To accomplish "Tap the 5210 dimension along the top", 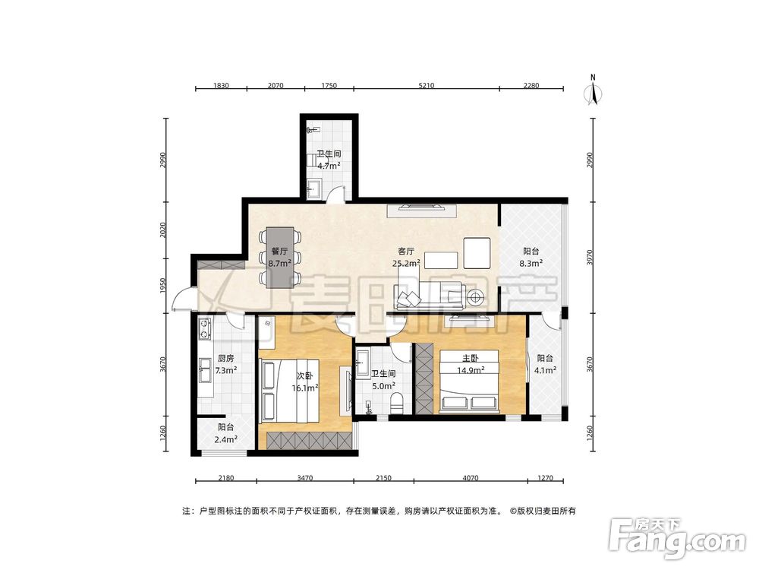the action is point(426,86).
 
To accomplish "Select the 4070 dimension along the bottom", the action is point(470,478).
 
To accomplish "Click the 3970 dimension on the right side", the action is point(589,257).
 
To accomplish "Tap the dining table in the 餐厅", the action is point(280,258).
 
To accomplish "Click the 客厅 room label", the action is point(405,251).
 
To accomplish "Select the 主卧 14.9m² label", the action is point(471,364).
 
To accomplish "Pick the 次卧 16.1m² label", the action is point(304,382).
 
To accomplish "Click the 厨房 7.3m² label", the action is point(225,364).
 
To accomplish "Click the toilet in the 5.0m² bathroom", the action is point(397,404).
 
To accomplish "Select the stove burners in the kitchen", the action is point(205,328).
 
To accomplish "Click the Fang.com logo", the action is point(678,538).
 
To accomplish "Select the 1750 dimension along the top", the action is point(329,86).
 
